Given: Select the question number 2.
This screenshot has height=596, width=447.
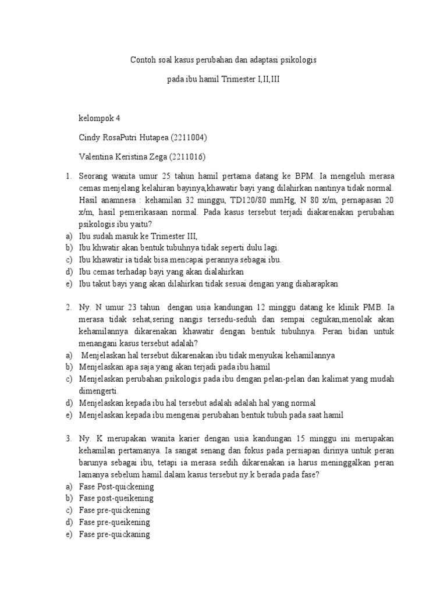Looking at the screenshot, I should pos(68,307).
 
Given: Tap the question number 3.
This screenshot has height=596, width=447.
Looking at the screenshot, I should pos(68,438).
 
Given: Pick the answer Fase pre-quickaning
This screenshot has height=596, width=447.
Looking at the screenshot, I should pos(115,534).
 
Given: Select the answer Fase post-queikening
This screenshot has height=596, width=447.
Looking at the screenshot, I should pos(116,498).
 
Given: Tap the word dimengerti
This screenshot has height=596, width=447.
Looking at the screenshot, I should pos(99,391).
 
